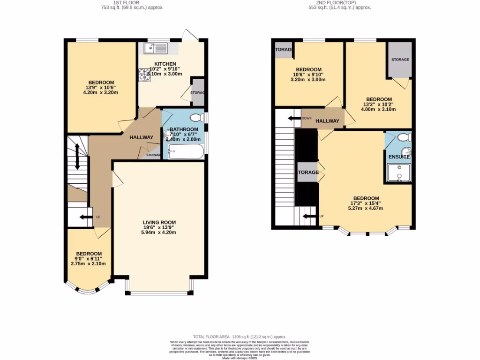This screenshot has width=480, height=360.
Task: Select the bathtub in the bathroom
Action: point(186,151)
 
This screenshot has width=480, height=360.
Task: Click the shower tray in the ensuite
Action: point(398,172)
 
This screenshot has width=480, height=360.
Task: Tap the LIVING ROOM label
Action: point(159,223)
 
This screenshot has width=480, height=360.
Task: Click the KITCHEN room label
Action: point(165,64)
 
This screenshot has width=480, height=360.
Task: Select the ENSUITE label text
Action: point(399,157)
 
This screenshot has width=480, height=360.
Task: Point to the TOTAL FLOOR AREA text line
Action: point(240,337)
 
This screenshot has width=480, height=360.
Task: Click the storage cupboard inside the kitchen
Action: point(198,92)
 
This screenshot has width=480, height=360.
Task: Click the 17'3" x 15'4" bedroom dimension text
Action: point(366,203)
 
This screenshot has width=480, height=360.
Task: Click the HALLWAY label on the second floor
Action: point(327,121)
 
